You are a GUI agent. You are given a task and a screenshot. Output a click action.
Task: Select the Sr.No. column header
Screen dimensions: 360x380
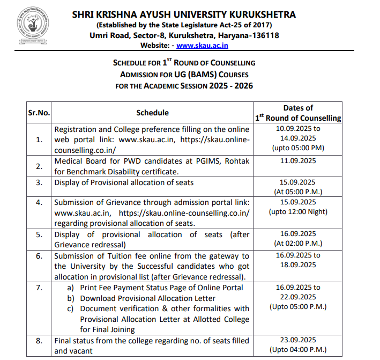39,113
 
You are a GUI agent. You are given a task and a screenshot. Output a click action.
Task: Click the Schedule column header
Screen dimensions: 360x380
152,113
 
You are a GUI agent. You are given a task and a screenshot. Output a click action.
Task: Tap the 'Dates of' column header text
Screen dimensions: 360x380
298,108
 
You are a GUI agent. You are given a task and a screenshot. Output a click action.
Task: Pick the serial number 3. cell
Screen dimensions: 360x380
39,182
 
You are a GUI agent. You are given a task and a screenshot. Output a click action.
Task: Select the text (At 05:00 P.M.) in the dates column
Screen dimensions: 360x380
297,192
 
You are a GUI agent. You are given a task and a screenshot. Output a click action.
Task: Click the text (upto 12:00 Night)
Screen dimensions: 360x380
298,212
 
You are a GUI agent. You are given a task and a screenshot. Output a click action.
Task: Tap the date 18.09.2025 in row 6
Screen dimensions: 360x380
297,265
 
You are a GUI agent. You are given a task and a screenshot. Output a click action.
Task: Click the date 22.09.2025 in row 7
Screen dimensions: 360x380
297,297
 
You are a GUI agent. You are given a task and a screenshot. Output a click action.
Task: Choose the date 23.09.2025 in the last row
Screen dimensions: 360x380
297,340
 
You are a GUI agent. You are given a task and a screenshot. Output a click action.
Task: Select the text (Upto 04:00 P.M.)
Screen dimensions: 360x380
297,350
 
